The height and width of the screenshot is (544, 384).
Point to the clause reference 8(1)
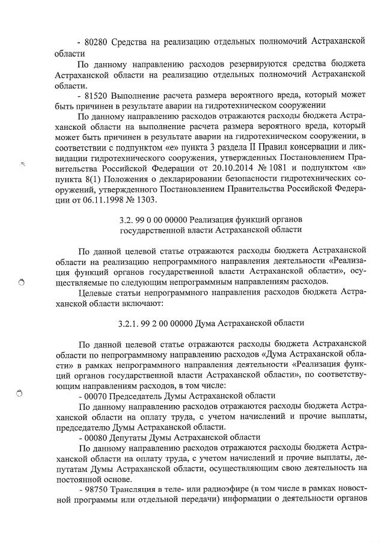[101, 179]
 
